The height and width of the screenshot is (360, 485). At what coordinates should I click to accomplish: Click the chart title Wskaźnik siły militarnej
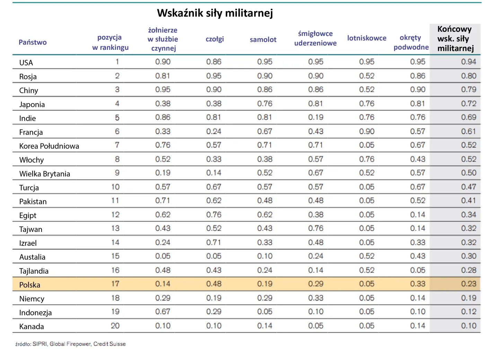coord(215,13)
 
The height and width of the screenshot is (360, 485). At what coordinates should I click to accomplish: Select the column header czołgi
coord(215,39)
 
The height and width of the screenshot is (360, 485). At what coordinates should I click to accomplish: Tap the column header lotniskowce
coord(367,38)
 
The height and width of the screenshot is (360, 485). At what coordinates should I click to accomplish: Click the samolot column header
coord(263,39)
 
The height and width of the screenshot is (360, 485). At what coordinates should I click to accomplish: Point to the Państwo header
coord(33,42)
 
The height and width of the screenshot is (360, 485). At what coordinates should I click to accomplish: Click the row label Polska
coord(30,285)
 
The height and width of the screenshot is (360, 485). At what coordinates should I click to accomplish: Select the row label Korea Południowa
coord(49,146)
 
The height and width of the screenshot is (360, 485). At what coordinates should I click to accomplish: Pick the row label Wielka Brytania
coord(45,174)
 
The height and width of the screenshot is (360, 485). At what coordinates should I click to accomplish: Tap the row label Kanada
coord(32,326)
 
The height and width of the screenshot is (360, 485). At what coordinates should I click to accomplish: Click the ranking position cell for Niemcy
coord(115,298)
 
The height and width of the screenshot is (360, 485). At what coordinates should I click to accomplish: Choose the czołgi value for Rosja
coord(214,76)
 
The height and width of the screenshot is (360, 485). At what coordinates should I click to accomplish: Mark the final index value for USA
coord(468,62)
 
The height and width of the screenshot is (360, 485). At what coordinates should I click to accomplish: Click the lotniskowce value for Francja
coord(367,132)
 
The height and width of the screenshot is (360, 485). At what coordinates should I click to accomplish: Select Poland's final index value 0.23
coord(468,284)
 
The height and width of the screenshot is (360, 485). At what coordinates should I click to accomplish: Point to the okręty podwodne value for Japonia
coord(417,103)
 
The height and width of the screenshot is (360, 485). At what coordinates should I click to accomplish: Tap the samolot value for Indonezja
coord(265,312)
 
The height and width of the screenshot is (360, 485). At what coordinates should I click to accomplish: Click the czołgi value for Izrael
coord(214,242)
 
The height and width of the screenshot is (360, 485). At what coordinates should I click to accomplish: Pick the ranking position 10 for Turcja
coord(115,187)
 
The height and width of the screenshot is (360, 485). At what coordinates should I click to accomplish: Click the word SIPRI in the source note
coord(39,344)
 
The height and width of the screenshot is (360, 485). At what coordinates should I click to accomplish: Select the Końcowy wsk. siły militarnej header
coord(455,39)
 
